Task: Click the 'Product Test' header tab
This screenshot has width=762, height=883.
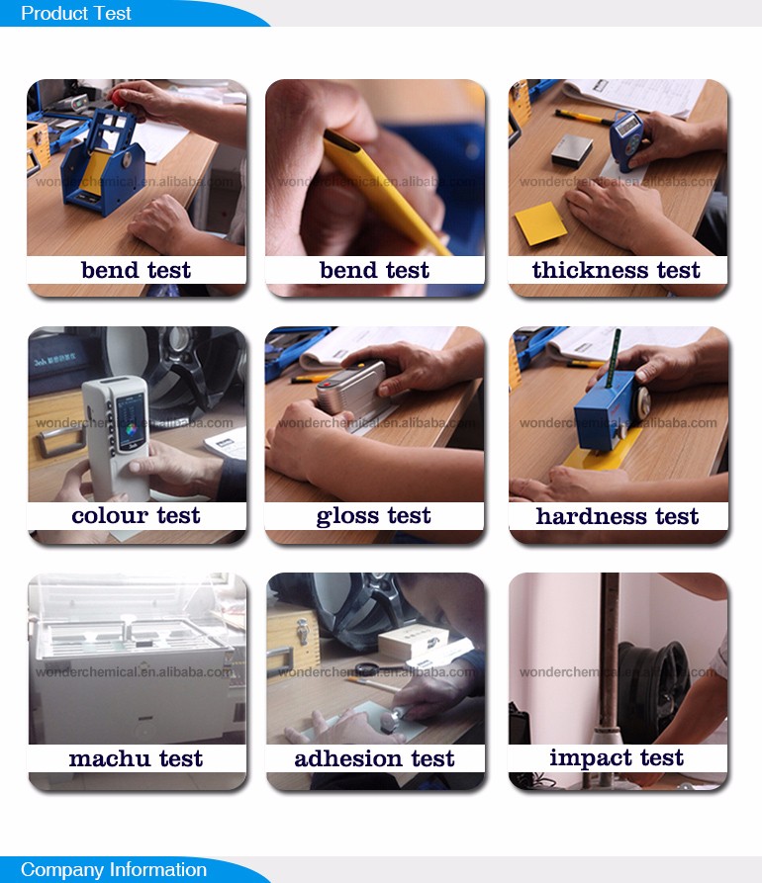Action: tap(77, 14)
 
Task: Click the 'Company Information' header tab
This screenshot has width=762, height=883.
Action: tap(113, 870)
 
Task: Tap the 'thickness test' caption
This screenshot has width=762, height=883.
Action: tap(616, 271)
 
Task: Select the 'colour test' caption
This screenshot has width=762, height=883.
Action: tap(136, 516)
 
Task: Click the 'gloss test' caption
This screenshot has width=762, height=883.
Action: tap(374, 516)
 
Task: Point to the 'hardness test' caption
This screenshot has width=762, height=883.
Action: tap(617, 516)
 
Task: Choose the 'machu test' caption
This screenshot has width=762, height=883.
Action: tap(136, 759)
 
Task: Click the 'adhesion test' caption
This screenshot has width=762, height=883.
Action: tap(374, 759)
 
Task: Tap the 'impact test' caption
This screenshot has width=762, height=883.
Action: tap(617, 758)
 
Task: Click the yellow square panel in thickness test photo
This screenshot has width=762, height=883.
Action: tap(539, 222)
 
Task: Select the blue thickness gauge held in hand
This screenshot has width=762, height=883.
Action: tap(625, 139)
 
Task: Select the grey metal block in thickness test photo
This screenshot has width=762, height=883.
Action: tap(572, 151)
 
